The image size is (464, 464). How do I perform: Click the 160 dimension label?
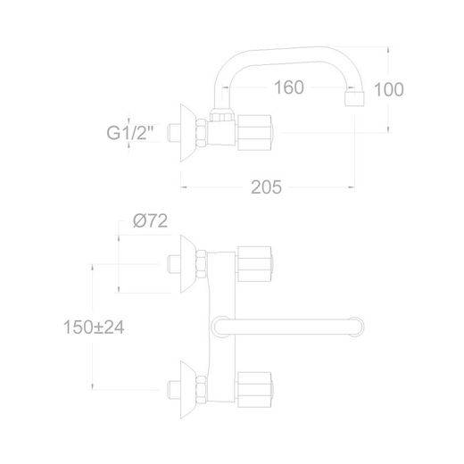point(289,87)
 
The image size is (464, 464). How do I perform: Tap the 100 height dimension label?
point(389,89)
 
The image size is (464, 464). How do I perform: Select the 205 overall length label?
point(266,187)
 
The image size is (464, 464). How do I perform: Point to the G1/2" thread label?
point(130,133)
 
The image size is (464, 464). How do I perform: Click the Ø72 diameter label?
point(151,220)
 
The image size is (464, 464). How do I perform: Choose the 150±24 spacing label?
point(94,327)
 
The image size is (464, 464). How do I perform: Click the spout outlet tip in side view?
point(354,99)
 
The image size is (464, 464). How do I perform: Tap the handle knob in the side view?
point(255,133)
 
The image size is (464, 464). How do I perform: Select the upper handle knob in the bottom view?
point(255,264)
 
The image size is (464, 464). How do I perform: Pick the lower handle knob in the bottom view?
point(255,390)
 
